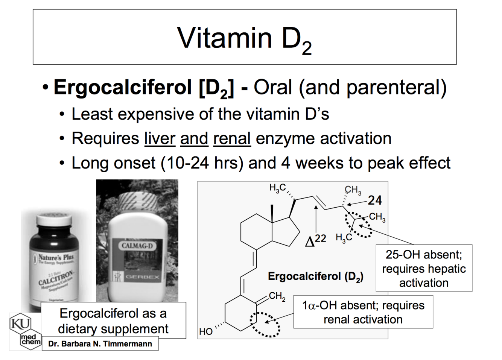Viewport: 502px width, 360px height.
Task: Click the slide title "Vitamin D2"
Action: coord(245,39)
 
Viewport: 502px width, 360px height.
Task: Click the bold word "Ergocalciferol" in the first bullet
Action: coord(123,88)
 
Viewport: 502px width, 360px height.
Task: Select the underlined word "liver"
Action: coord(160,138)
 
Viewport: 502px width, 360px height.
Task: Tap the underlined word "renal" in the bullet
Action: coord(232,138)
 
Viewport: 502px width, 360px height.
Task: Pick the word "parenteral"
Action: coord(396,88)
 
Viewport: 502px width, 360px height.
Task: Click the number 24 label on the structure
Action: coord(375,201)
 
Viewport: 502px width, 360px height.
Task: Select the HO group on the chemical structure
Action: coord(206,331)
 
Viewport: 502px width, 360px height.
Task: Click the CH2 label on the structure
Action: coord(277,296)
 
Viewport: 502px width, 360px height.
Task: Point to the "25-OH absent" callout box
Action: coord(424,268)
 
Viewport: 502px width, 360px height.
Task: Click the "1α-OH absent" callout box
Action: coord(363,312)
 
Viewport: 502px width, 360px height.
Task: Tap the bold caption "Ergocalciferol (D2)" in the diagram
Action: coord(315,277)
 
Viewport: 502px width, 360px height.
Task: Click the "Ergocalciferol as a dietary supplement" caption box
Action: coord(113,321)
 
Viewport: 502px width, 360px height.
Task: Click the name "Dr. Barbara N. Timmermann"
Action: coord(100,344)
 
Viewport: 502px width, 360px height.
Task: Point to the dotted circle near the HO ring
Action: coord(265,325)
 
